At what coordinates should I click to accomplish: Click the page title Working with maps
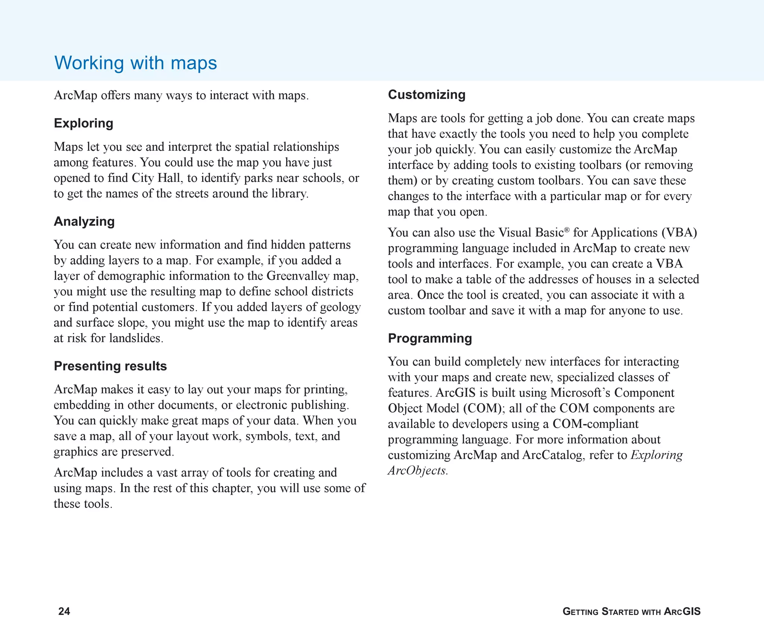[135, 63]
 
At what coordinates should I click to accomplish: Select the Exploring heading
[84, 123]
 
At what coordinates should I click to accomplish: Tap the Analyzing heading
[84, 221]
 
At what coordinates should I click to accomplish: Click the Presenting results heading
[110, 366]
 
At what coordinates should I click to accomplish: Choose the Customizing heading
[426, 94]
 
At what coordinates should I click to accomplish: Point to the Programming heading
[430, 338]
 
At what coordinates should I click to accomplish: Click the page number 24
[64, 611]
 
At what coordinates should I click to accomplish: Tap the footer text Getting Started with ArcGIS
[631, 611]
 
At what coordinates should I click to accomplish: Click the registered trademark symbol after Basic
[567, 229]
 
